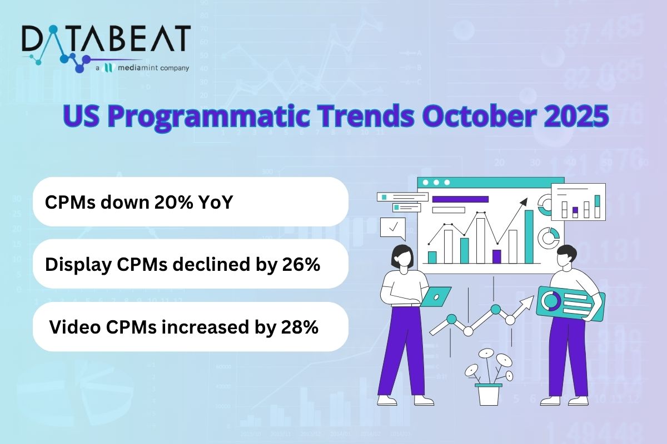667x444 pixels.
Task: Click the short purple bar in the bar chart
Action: click(x=496, y=256)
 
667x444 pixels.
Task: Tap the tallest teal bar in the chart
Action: click(x=529, y=236)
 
